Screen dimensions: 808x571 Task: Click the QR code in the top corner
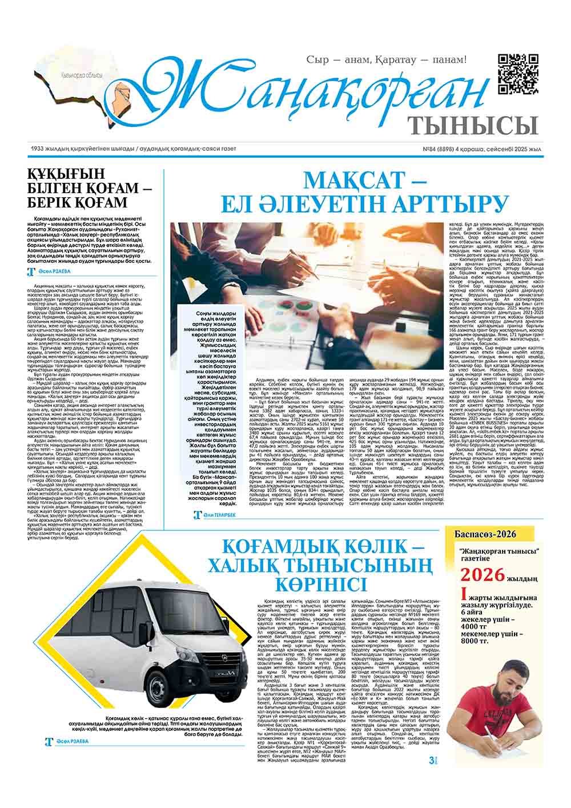[518, 73]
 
